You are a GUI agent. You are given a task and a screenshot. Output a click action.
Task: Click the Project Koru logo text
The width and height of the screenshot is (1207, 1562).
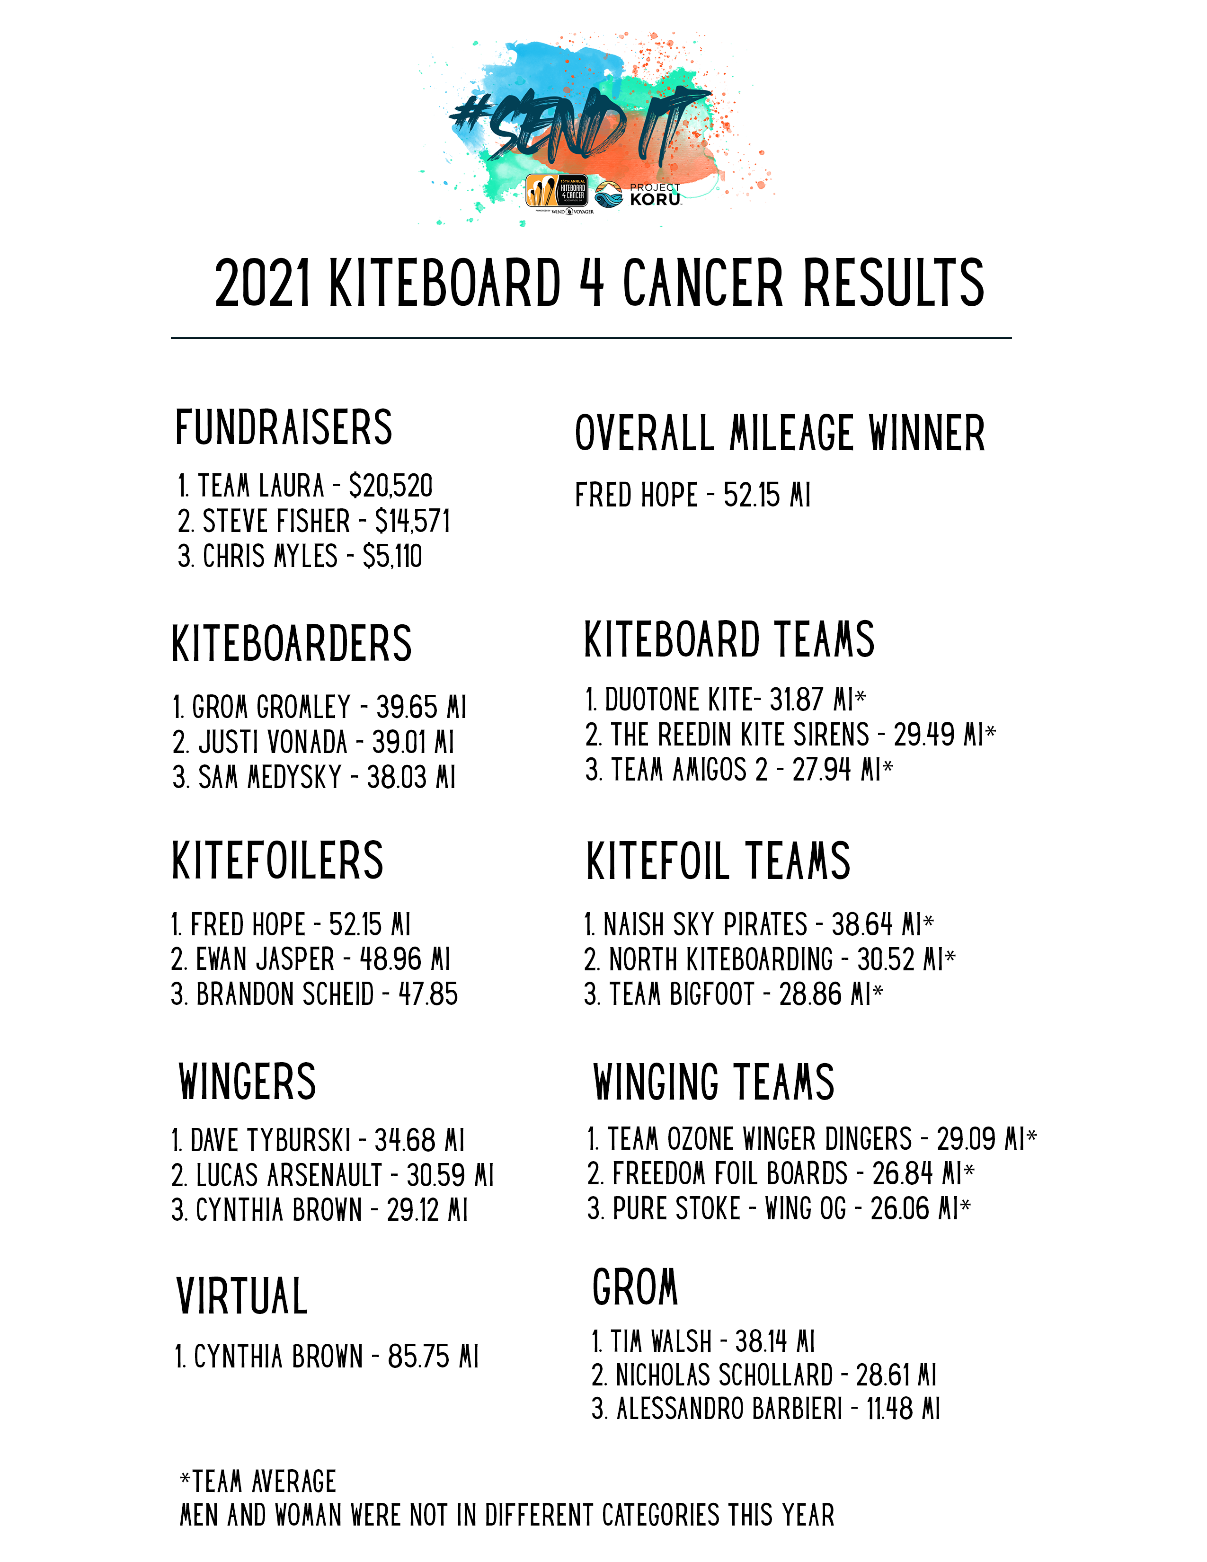[654, 195]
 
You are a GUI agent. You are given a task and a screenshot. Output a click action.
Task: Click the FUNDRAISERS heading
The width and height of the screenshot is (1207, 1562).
[284, 428]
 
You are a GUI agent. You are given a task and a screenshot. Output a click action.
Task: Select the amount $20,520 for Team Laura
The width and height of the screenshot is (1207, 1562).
[390, 486]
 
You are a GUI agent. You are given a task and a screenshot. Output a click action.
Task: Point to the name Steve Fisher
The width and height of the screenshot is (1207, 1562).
[276, 522]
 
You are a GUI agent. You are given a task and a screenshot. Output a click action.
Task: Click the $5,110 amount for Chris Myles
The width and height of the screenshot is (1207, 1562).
[392, 557]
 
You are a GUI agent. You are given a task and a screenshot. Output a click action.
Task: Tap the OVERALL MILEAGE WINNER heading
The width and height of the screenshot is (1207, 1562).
[780, 434]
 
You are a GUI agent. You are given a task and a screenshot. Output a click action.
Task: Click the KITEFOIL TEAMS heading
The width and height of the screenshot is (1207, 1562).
[718, 861]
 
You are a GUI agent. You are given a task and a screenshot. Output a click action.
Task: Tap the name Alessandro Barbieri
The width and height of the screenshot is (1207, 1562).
[729, 1409]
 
